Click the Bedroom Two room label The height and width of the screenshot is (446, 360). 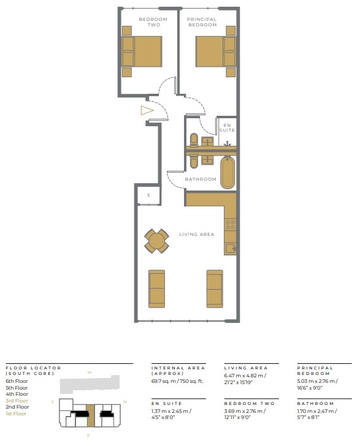coord(148,22)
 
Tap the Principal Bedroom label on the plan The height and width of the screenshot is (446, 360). coord(202,22)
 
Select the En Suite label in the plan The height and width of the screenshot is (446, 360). coord(228,127)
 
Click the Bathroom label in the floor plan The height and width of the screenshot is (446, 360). coord(201,179)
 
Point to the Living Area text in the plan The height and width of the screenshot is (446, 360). coord(196,234)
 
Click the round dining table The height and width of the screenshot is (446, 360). coord(157,241)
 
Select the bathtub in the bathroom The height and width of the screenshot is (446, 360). coord(228,173)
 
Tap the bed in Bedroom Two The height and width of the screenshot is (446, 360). coord(144,51)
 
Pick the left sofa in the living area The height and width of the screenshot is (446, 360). coord(157,288)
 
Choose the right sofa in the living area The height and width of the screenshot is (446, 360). coord(215,288)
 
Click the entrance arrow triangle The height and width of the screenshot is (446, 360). coord(146,111)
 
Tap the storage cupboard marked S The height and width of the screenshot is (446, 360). coord(148,195)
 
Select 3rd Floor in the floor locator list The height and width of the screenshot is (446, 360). coord(17,400)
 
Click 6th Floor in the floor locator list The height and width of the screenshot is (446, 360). coord(17,381)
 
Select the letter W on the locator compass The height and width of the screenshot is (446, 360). coord(89,372)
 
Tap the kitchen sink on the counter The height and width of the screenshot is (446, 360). coord(231,248)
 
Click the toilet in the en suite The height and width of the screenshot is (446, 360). coord(194,141)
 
